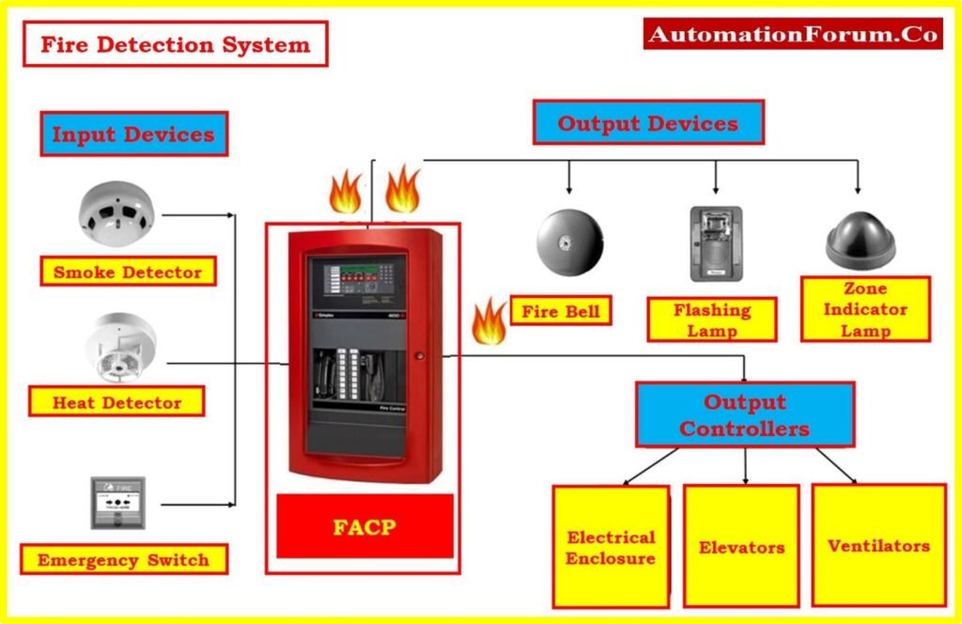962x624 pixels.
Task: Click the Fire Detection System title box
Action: coord(175,45)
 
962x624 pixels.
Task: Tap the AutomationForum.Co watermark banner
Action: coord(793,34)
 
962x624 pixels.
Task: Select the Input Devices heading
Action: coord(133,134)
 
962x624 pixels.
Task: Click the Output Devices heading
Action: coord(647,123)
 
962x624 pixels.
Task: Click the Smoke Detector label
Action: coord(128,273)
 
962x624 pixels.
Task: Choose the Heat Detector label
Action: coord(116,403)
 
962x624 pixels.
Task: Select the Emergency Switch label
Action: coord(123,561)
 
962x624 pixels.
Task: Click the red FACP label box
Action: coord(365,526)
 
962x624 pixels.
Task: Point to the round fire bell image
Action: coord(569,242)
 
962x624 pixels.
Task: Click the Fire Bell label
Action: coord(561,311)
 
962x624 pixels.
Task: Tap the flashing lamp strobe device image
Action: coord(716,243)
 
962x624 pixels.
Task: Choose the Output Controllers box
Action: coord(745,414)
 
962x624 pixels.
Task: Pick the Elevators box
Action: coord(741,547)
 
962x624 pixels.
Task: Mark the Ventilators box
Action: coord(878,546)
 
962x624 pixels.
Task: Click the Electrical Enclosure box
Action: coord(611,547)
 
